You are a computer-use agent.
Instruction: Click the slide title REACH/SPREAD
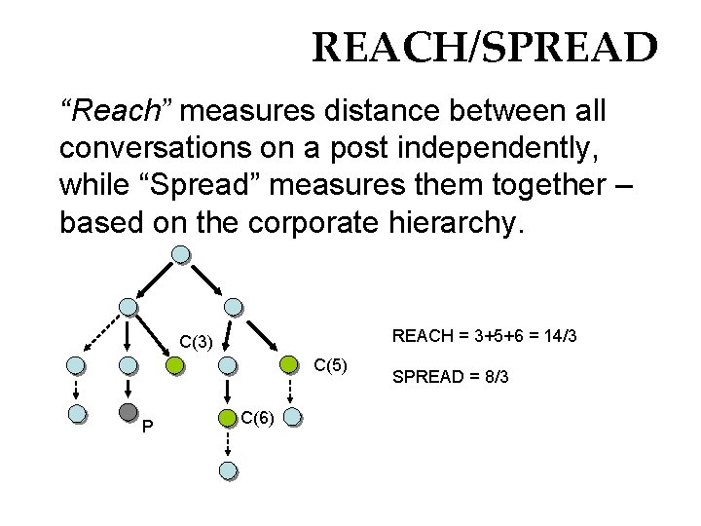(484, 47)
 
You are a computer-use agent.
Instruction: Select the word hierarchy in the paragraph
(457, 224)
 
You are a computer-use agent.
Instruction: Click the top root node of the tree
(181, 255)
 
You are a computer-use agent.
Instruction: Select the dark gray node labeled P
(129, 413)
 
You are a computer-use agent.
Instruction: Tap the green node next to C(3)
(174, 366)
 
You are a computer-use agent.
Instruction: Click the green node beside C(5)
(290, 365)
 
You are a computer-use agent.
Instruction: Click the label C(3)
(196, 342)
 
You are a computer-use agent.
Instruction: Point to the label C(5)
(329, 365)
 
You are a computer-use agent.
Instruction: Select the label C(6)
(258, 419)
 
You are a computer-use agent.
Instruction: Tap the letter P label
(146, 426)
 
